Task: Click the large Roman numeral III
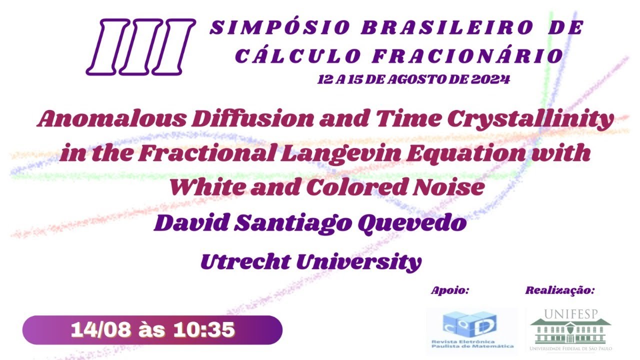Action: tap(140, 47)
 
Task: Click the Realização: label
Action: tap(560, 290)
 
